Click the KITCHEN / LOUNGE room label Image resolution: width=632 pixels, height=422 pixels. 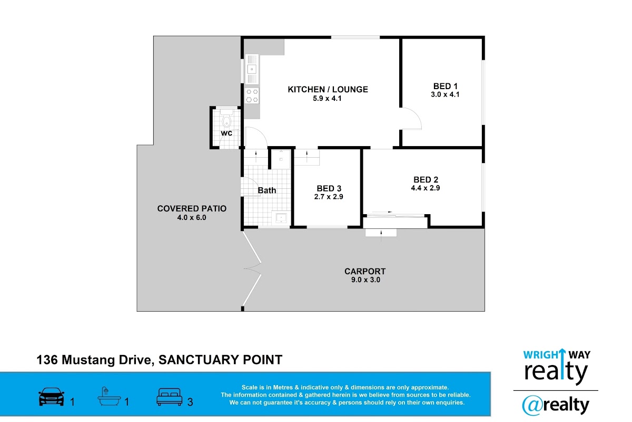point(328,89)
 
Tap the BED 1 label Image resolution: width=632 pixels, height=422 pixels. point(445,86)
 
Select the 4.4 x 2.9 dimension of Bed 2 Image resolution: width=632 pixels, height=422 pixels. point(426,188)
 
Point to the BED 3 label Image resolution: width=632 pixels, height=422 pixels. point(329,188)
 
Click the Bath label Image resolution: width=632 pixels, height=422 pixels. point(266,190)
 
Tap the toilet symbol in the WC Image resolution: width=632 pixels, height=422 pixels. point(226,119)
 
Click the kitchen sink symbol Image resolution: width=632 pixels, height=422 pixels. point(252,69)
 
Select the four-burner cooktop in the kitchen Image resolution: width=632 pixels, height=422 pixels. point(252,95)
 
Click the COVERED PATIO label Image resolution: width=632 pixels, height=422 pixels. point(192,208)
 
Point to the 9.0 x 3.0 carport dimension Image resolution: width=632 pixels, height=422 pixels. point(366,280)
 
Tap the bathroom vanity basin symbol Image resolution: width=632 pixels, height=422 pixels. point(281,218)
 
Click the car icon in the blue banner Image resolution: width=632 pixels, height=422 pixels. point(52,397)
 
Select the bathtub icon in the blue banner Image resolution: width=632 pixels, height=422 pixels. point(109,396)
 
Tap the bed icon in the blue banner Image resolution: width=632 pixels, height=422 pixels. point(169,397)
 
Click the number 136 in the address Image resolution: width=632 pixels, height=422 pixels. point(47,360)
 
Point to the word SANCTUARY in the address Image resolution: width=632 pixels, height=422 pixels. point(197,360)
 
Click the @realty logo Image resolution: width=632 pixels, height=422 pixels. point(555,405)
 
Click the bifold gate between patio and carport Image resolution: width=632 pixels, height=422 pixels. point(252,268)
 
